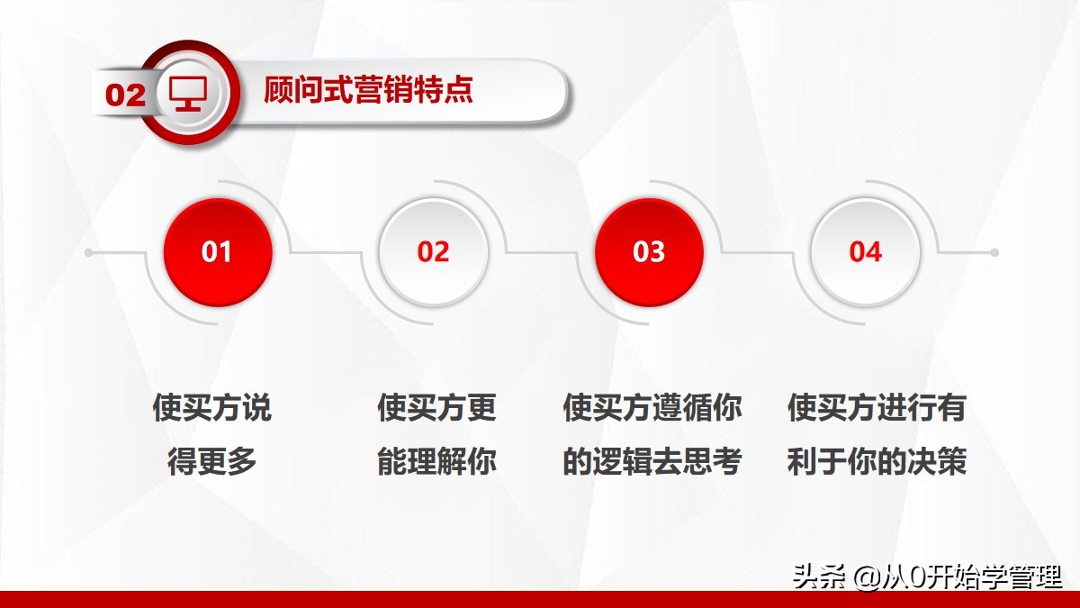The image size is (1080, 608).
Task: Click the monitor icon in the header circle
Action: click(188, 93)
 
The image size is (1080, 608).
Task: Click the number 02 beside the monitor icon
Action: click(125, 95)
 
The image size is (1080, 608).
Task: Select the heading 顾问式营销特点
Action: click(369, 91)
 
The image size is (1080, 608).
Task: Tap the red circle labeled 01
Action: click(217, 252)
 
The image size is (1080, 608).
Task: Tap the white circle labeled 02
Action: click(433, 252)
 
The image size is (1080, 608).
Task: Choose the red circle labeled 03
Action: click(649, 252)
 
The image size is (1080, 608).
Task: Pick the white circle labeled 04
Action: click(865, 252)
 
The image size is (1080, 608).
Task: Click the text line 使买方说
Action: click(211, 408)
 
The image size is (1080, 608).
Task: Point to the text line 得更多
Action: click(211, 462)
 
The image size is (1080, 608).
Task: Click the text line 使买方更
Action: click(436, 408)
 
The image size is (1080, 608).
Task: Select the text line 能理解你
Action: click(436, 462)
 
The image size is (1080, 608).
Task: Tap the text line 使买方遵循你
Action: click(652, 408)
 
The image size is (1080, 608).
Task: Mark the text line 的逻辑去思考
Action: click(652, 462)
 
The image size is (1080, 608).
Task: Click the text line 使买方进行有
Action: click(877, 408)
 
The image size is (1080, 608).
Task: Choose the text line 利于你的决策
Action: click(877, 462)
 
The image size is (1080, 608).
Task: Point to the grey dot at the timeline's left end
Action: click(89, 253)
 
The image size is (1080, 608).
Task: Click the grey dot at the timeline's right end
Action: click(994, 253)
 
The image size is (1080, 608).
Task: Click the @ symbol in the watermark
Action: click(866, 576)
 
